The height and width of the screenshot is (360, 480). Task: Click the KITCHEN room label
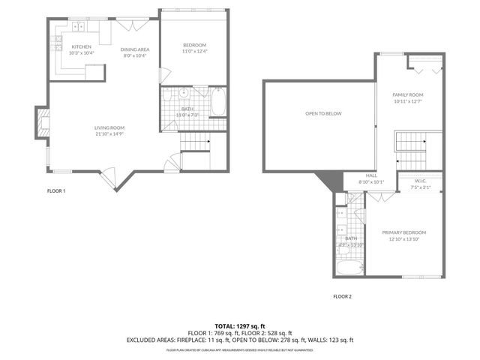click(81, 47)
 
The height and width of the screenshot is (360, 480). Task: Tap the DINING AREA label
click(135, 49)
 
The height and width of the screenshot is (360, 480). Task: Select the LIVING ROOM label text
click(109, 127)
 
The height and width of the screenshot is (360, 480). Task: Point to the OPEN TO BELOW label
click(322, 113)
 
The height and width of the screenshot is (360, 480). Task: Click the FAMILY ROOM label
click(408, 94)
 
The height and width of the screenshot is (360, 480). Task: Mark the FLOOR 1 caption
click(56, 190)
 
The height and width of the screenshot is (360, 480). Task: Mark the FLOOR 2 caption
click(342, 296)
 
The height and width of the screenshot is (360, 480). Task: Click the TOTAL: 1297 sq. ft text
click(239, 325)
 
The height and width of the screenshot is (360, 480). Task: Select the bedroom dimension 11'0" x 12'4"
click(194, 51)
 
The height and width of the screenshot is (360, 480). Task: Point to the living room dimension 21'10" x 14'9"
click(109, 133)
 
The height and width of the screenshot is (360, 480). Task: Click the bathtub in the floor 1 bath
click(218, 103)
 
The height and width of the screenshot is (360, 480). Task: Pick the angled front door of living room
click(109, 178)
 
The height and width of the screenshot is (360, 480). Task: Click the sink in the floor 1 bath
click(183, 94)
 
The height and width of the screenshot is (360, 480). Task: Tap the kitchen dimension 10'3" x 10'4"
click(81, 53)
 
